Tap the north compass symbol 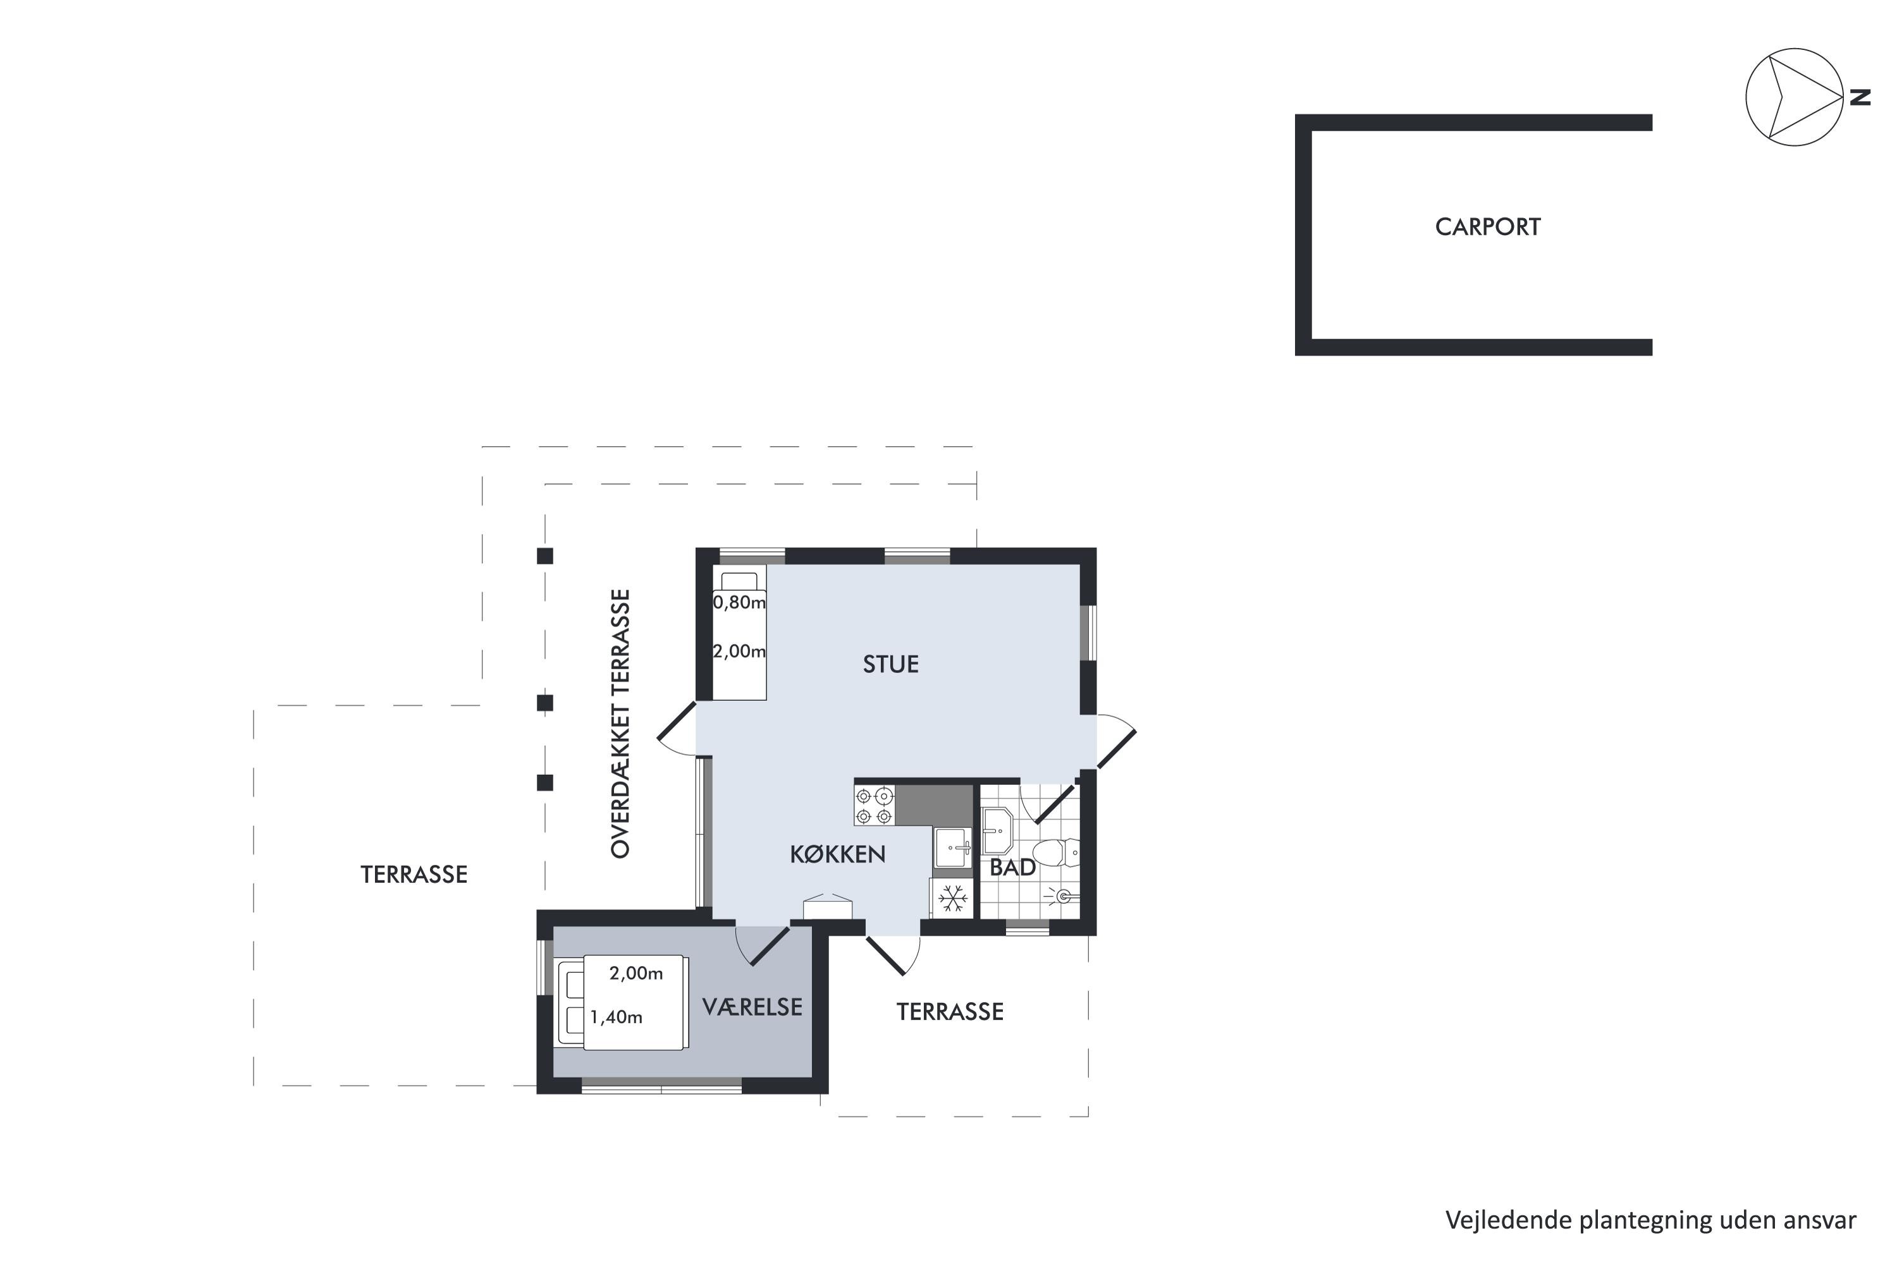(x=1794, y=97)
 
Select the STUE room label (x=890, y=664)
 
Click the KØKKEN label (x=837, y=854)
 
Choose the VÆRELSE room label (x=752, y=1007)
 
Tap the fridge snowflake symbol (x=952, y=899)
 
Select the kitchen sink (x=954, y=848)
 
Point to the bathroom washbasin (x=998, y=830)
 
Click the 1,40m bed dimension (x=616, y=1018)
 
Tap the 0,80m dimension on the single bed (x=739, y=602)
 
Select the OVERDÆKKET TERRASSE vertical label (x=620, y=724)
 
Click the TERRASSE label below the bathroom (x=950, y=1012)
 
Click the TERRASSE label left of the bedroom (x=414, y=875)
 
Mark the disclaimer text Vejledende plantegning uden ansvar (x=1651, y=1220)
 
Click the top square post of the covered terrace (x=545, y=556)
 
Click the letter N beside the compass (x=1860, y=97)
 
